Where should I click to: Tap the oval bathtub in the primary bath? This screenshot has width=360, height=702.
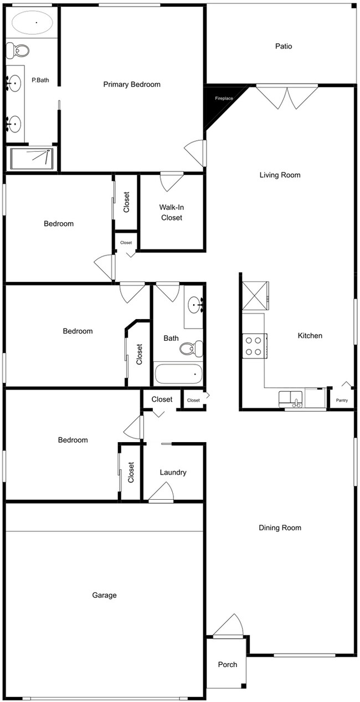[x=33, y=23]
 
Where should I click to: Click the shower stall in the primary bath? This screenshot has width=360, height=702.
[x=32, y=158]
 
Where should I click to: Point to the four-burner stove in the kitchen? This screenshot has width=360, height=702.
[x=254, y=346]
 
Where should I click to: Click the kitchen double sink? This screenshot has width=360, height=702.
[x=290, y=398]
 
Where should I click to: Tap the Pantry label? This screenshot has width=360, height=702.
[x=342, y=400]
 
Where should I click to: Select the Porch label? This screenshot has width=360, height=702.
[x=227, y=664]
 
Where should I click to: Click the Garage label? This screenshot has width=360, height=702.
[x=104, y=595]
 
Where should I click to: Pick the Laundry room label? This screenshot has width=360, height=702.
[x=173, y=473]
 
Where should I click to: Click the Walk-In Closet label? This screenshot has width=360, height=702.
[x=172, y=212]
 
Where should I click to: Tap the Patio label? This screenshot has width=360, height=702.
[x=284, y=47]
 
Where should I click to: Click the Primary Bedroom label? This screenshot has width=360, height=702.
[x=132, y=85]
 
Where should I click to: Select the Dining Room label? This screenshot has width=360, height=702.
[x=280, y=527]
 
